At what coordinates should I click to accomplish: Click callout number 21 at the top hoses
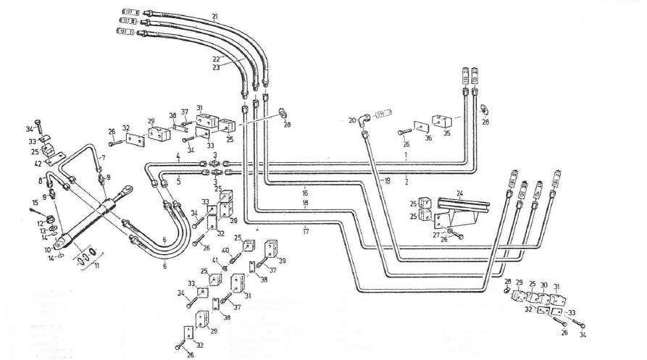pos(214,16)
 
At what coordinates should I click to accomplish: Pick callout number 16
pos(305,193)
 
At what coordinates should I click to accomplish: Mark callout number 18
pos(305,205)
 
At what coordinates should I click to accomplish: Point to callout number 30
pos(544,285)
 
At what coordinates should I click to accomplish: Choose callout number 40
pos(225,251)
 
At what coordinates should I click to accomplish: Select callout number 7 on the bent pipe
pos(104,157)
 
